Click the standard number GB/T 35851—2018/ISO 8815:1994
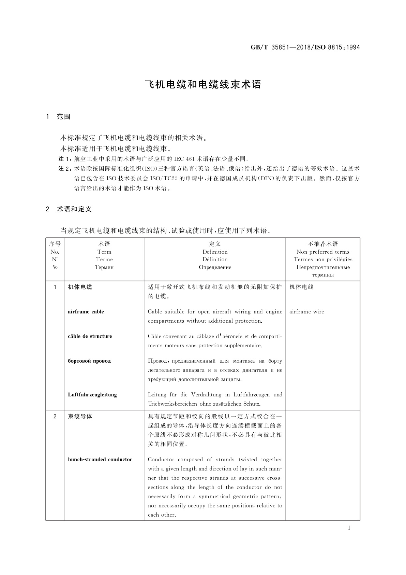pos(305,47)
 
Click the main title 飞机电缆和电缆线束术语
pos(203,84)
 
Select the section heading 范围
pos(64,117)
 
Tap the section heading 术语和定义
pos(74,209)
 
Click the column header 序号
pos(55,244)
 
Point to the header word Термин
pos(104,267)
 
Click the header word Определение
pos(215,267)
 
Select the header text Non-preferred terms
pos(323,252)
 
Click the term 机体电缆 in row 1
pos(80,287)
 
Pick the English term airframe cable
pos(86,312)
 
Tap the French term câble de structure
pos(90,336)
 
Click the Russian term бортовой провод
pos(89,361)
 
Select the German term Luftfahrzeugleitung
pos(92,395)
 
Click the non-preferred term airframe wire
pos(307,312)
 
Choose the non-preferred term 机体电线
pos(302,287)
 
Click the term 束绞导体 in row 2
pos(80,417)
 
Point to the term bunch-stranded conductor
pos(100,460)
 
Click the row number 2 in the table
pos(55,417)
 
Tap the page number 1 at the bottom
pos(349,528)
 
